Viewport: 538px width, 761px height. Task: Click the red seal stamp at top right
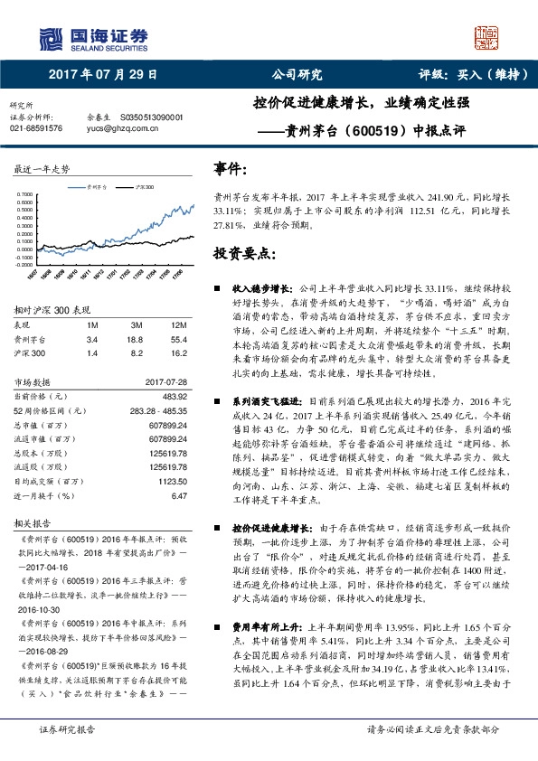[x=487, y=39]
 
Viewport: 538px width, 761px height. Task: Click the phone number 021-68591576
[x=36, y=128]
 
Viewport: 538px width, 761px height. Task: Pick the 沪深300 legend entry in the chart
[x=140, y=184]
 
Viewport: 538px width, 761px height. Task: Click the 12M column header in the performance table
[x=179, y=324]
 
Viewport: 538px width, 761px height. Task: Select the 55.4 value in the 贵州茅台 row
[x=179, y=338]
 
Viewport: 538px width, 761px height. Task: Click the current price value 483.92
[x=173, y=397]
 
